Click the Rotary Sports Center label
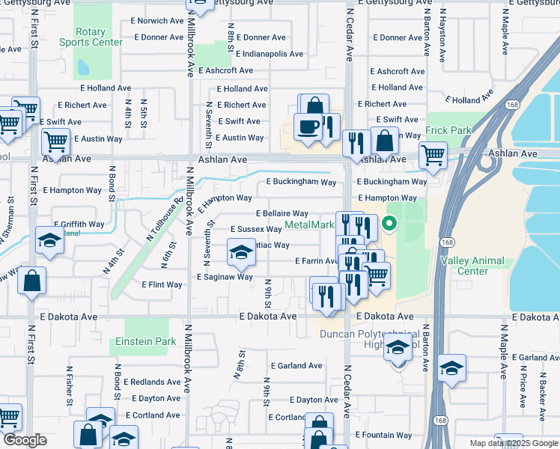tap(91, 37)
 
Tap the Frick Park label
tap(448, 130)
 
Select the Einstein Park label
tap(145, 341)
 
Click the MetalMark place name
tap(310, 225)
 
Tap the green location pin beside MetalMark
tap(389, 223)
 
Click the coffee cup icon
tap(307, 126)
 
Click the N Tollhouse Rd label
tap(165, 217)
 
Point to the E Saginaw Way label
tap(225, 277)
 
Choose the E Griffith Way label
tap(79, 224)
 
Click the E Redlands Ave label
tap(153, 382)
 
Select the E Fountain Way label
tap(383, 435)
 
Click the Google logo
tap(25, 440)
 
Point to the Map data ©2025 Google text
tap(513, 443)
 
